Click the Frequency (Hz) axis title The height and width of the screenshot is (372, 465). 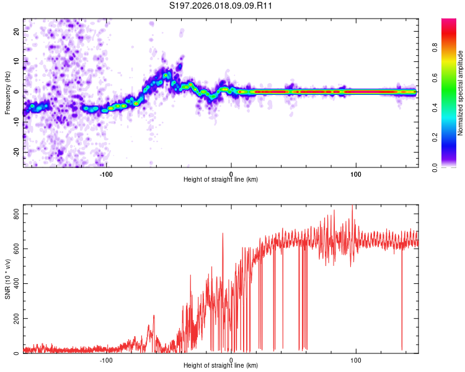(7, 92)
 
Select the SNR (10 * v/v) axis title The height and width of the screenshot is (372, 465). (7, 279)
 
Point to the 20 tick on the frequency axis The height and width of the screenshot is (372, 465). (17, 30)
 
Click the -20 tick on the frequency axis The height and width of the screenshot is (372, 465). (16, 153)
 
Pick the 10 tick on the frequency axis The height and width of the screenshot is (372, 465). (17, 61)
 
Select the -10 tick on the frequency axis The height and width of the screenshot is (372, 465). (16, 122)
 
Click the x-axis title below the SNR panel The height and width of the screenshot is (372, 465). (221, 366)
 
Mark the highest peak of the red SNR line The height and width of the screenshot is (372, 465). (353, 206)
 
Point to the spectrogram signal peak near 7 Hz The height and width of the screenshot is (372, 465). (166, 73)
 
